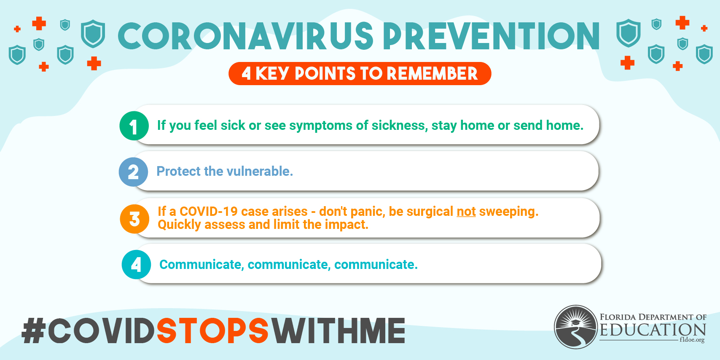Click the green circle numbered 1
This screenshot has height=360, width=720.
(x=134, y=126)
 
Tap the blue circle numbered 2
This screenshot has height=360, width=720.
(x=133, y=172)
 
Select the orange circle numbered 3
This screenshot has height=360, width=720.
(x=134, y=219)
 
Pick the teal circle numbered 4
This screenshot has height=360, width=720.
(x=136, y=265)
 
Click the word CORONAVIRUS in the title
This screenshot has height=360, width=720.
(x=246, y=36)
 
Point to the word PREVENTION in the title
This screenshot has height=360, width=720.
(x=492, y=36)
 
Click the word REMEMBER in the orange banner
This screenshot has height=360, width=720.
(x=432, y=73)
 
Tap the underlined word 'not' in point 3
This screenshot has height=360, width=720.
(x=466, y=212)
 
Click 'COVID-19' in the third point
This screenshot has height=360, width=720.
(x=209, y=212)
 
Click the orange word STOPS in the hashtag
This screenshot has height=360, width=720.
(x=212, y=330)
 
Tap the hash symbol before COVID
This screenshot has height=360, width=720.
(x=33, y=330)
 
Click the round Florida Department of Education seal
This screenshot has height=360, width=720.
(x=576, y=327)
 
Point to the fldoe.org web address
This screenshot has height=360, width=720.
(x=692, y=339)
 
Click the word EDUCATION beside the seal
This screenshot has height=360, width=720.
(x=653, y=330)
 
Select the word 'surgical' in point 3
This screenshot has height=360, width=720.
(x=430, y=212)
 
